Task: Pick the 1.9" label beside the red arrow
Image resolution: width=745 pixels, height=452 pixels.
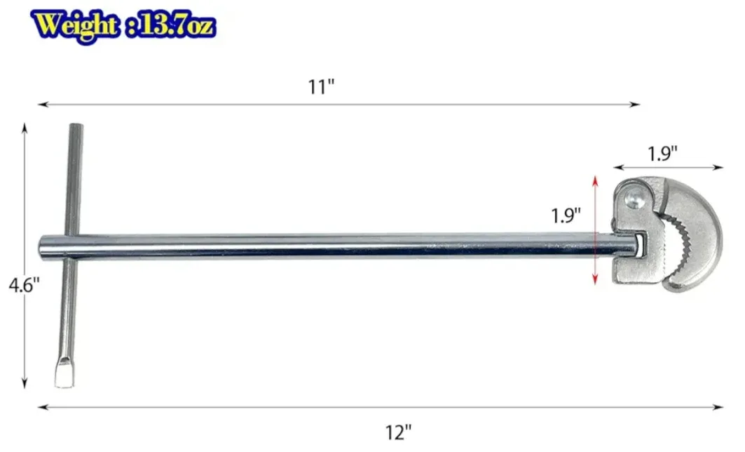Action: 566,215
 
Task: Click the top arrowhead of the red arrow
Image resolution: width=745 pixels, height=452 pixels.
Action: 595,180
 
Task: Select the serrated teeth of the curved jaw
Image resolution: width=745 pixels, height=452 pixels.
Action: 676,246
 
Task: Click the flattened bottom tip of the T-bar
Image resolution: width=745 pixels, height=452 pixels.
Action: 63,378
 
